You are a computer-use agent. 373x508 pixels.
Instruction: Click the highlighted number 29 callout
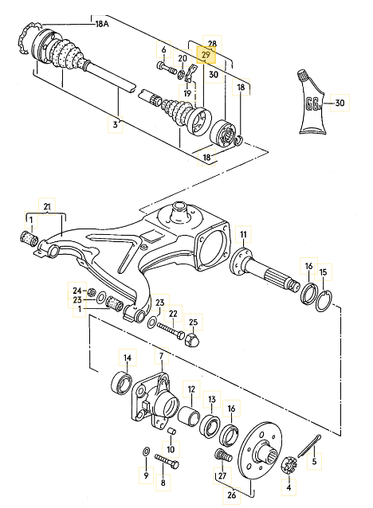coord(206,55)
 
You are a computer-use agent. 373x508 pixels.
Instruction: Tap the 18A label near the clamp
coord(102,24)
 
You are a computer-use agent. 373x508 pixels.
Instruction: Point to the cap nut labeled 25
coord(192,339)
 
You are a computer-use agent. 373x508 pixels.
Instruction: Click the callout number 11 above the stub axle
coord(243,234)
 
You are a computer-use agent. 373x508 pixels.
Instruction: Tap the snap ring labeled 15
coord(324,301)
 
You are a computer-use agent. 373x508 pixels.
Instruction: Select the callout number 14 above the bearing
coord(128,358)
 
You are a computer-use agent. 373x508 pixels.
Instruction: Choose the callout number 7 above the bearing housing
coord(162,356)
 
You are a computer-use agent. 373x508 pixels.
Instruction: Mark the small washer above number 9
coord(147,451)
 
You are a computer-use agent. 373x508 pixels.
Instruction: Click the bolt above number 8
coord(167,461)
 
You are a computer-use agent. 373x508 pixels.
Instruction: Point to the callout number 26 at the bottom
coord(232,496)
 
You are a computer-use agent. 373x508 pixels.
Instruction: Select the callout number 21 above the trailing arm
coord(47,206)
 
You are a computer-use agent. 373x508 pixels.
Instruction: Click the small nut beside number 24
coord(92,292)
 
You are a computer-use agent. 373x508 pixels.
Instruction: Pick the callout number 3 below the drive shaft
coord(115,124)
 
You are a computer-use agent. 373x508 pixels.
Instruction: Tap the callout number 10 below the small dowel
coord(171,449)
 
